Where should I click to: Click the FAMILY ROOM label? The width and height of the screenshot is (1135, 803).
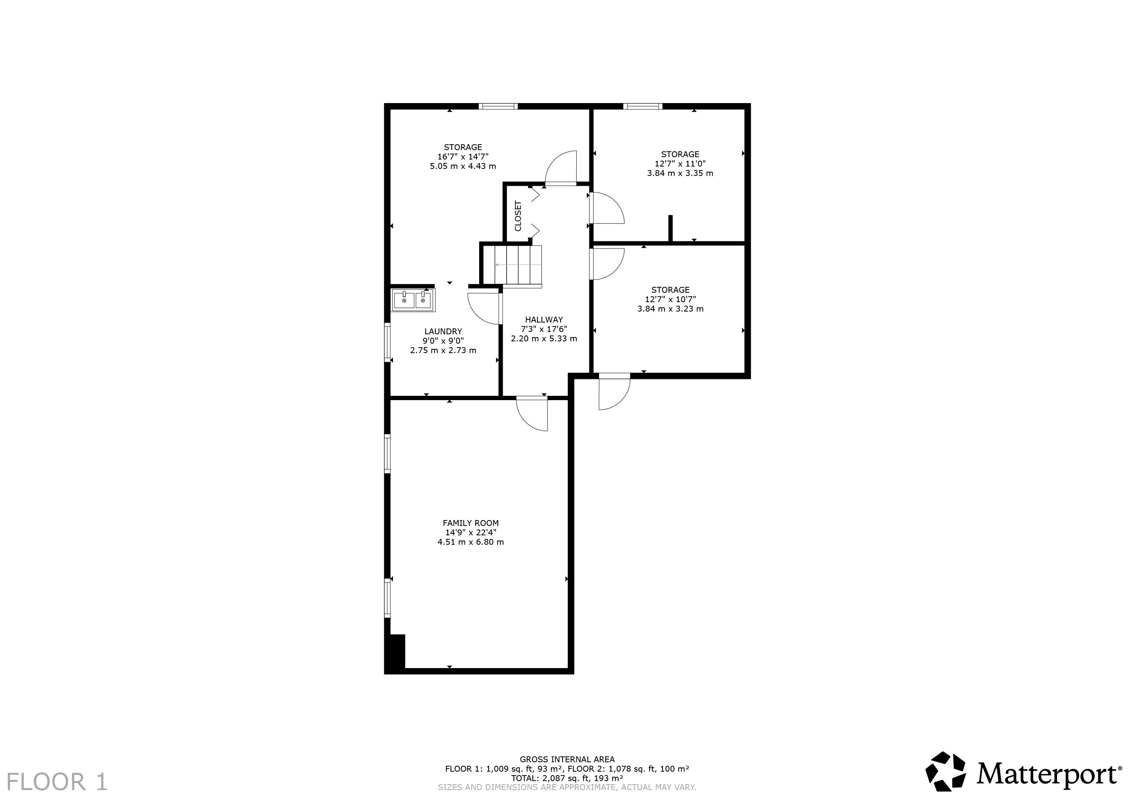pos(471,523)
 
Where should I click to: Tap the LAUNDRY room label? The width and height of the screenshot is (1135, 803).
pos(443,331)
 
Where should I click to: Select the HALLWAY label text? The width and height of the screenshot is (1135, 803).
pos(544,319)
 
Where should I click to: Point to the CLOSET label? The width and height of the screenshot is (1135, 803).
pos(518,216)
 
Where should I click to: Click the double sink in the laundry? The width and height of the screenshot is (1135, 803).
pos(413,301)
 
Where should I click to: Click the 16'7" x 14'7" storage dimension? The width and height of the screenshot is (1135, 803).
pos(463,157)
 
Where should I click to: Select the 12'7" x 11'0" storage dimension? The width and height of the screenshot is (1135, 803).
pos(680,164)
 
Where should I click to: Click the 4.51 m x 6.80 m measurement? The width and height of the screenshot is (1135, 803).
pos(471,542)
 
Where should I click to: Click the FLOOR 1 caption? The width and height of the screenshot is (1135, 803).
pos(57,782)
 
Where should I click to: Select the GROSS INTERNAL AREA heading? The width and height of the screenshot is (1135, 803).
pos(567,759)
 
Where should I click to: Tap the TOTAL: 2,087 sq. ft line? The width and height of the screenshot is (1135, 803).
pos(567,778)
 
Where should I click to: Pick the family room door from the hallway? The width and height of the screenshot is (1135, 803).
pos(532,413)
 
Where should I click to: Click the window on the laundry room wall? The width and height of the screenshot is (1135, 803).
pos(387,342)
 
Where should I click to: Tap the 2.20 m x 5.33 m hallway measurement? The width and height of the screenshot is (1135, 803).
pos(544,339)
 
